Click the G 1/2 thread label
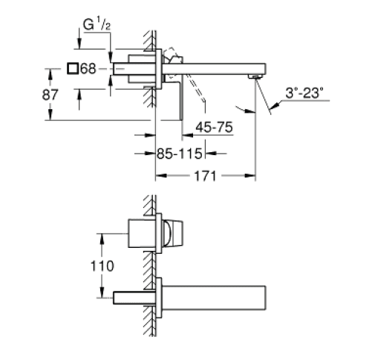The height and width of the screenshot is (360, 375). click(x=97, y=24)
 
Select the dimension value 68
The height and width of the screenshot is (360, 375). click(x=88, y=68)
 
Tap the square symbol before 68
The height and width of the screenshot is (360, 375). click(x=73, y=68)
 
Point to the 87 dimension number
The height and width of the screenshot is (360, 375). click(x=50, y=95)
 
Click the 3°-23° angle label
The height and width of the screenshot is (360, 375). click(x=304, y=93)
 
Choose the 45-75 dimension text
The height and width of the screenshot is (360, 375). click(x=215, y=127)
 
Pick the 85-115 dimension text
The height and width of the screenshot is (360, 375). click(x=179, y=154)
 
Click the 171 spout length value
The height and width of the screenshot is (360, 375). click(x=205, y=176)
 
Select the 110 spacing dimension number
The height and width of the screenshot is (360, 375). click(x=102, y=266)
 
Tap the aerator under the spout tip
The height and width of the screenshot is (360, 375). click(x=255, y=76)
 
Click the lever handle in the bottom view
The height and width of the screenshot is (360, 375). click(x=172, y=233)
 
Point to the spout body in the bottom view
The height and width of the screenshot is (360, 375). click(x=214, y=298)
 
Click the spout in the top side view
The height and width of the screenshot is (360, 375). click(x=214, y=69)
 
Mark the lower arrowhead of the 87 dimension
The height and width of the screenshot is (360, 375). click(x=50, y=115)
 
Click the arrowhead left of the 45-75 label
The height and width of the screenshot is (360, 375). click(x=187, y=135)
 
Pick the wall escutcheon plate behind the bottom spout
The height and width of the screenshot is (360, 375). click(x=159, y=298)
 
